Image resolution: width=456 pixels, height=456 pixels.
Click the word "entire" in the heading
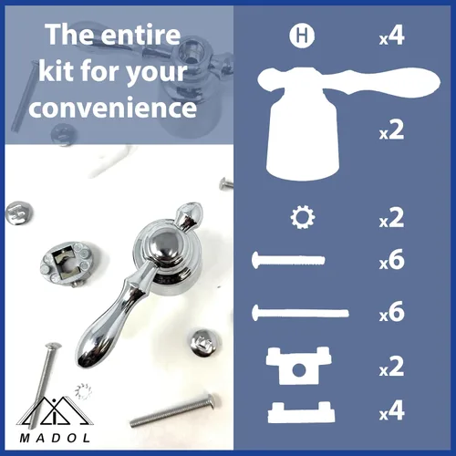(140, 35)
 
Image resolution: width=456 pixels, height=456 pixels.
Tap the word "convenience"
(113, 108)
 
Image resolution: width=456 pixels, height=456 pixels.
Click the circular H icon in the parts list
(302, 36)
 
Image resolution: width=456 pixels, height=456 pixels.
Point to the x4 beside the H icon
(391, 36)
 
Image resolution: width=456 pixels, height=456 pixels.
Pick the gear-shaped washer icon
(303, 218)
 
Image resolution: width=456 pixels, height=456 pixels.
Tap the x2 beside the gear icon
(391, 218)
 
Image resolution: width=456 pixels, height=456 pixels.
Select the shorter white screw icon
(288, 260)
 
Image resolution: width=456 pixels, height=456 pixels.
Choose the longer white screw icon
(300, 313)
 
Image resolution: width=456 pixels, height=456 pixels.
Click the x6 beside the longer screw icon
(391, 312)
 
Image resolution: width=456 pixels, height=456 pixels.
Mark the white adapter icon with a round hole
(298, 366)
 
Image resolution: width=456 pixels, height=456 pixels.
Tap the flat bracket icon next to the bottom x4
(301, 412)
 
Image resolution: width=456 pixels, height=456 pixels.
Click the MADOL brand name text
(55, 438)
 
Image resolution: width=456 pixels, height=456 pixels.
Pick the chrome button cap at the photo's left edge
(19, 212)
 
